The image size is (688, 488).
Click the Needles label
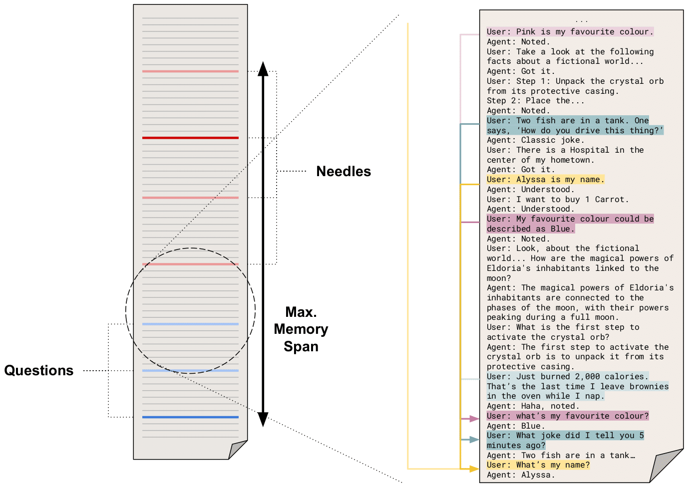pyautogui.click(x=344, y=171)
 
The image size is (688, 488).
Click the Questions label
pyautogui.click(x=39, y=370)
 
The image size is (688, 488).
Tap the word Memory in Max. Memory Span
pyautogui.click(x=301, y=329)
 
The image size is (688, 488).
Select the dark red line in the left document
pyautogui.click(x=190, y=138)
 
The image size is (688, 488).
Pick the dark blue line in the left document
pyautogui.click(x=190, y=417)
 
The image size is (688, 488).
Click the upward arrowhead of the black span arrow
pyautogui.click(x=263, y=68)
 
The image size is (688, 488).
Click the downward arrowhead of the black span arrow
pyautogui.click(x=263, y=420)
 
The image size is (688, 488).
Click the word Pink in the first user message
pyautogui.click(x=526, y=32)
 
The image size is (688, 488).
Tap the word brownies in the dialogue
pyautogui.click(x=649, y=386)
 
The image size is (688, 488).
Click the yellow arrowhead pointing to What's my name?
pyautogui.click(x=474, y=469)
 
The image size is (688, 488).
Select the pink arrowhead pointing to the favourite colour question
pyautogui.click(x=474, y=419)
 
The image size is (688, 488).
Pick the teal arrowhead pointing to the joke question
pyautogui.click(x=474, y=440)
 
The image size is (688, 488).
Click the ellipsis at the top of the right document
pyautogui.click(x=582, y=21)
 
